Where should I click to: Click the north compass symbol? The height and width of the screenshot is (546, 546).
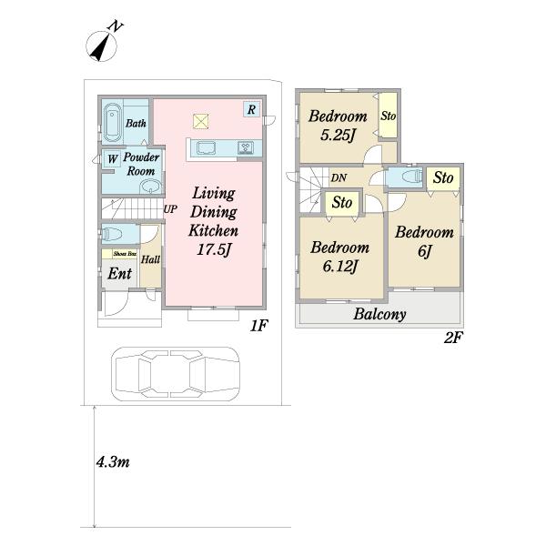tap(101, 45)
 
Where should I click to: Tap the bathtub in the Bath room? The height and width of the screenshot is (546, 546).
tap(112, 122)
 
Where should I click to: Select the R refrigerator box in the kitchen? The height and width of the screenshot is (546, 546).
tap(251, 109)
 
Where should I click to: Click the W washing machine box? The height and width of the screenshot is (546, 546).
tap(112, 158)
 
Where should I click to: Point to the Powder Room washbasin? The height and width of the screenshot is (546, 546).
tap(151, 187)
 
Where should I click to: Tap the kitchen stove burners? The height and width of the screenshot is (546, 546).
tap(246, 148)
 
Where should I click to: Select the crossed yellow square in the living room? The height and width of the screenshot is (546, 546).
tap(201, 122)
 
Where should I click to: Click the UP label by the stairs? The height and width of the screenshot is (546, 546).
tap(170, 209)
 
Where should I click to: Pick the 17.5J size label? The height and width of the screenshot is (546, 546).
tap(214, 249)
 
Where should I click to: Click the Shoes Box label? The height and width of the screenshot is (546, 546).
tap(125, 254)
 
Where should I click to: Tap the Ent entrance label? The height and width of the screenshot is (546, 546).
tap(120, 273)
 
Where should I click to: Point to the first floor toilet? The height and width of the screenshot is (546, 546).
tap(112, 234)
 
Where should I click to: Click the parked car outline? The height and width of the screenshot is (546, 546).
tap(176, 374)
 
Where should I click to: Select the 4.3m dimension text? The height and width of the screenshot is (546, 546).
tap(113, 462)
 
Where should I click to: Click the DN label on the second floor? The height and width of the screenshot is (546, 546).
tap(339, 178)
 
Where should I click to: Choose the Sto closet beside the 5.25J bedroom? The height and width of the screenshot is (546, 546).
tap(388, 116)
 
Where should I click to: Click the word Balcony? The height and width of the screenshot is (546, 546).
tap(379, 314)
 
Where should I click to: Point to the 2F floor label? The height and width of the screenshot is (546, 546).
tap(453, 337)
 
